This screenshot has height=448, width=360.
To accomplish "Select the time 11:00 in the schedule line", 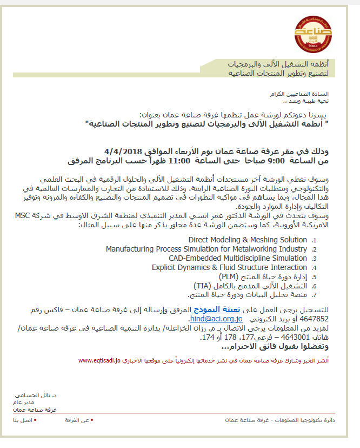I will [x=179, y=161].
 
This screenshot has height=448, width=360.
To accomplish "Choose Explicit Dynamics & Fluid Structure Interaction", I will [x=229, y=267].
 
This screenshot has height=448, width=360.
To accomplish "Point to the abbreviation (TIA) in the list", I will [x=203, y=286].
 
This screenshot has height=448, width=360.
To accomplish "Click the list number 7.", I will [x=314, y=295].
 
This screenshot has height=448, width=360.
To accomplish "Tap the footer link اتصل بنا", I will [x=23, y=420].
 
